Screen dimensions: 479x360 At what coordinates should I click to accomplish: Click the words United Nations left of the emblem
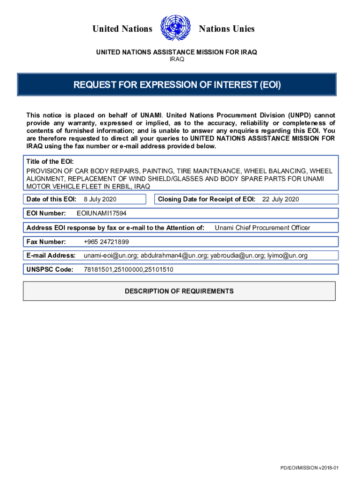pyautogui.click(x=122, y=29)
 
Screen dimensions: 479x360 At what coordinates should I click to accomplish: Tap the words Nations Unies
pyautogui.click(x=227, y=29)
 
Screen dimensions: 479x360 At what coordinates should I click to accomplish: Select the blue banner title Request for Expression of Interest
pyautogui.click(x=177, y=85)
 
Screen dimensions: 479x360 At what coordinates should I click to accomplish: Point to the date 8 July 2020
pyautogui.click(x=100, y=200)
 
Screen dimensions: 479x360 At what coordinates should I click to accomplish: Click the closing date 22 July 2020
pyautogui.click(x=280, y=200)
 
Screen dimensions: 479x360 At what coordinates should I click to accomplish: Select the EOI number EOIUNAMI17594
pyautogui.click(x=101, y=214)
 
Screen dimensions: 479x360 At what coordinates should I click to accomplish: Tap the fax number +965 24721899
pyautogui.click(x=106, y=242)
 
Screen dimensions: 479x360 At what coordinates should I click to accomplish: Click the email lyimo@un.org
pyautogui.click(x=289, y=255)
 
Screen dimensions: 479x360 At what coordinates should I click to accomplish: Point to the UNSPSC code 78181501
pyautogui.click(x=98, y=269)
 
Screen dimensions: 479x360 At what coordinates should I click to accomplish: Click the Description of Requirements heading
pyautogui.click(x=179, y=291)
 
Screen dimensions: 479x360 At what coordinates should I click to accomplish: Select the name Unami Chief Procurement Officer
pyautogui.click(x=262, y=228)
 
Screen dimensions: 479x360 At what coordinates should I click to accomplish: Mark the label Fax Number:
pyautogui.click(x=46, y=242)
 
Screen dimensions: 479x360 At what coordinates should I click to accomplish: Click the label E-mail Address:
pyautogui.click(x=51, y=255)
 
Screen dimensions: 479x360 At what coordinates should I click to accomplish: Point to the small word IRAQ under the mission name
pyautogui.click(x=177, y=59)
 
